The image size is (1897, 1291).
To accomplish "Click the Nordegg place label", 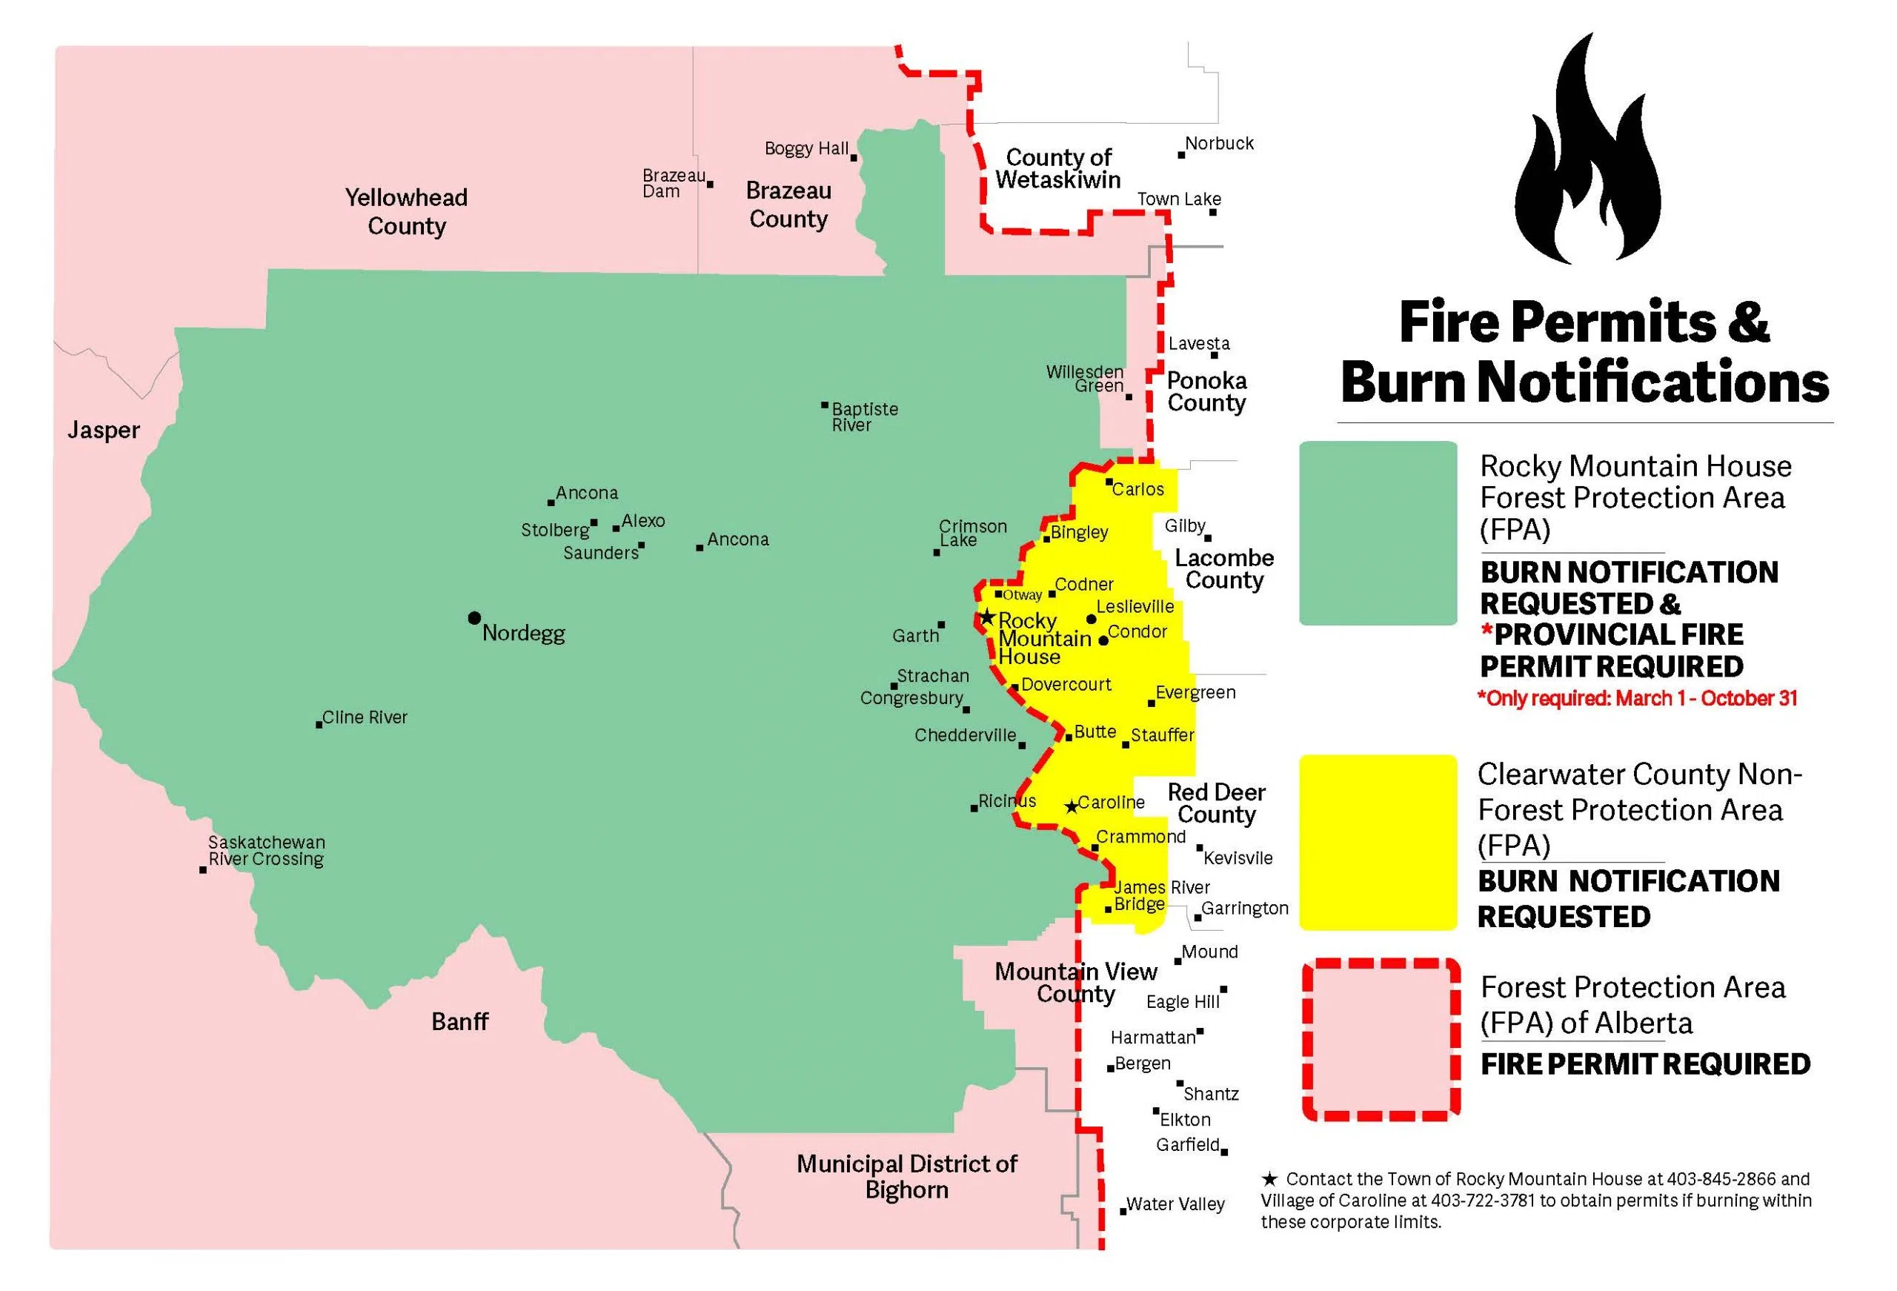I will click(523, 633).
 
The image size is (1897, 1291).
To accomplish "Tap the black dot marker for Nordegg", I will click(474, 618).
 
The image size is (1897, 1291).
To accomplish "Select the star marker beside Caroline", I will click(1072, 807).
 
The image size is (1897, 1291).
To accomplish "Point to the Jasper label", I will click(104, 431).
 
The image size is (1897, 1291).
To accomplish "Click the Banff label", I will click(459, 1021).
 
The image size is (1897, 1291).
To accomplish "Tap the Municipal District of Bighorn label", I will click(907, 1177).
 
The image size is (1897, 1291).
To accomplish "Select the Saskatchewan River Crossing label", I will click(266, 850).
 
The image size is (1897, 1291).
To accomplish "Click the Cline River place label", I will click(364, 717).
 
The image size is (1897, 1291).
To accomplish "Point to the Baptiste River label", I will click(865, 416).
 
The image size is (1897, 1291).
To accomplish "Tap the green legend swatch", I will click(1378, 533).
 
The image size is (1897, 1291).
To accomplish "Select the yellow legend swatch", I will click(1378, 842).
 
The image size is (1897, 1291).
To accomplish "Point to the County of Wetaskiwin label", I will click(1058, 168).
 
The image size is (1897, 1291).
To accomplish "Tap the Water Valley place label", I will click(1175, 1204).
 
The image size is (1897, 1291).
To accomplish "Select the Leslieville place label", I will click(1134, 606).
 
